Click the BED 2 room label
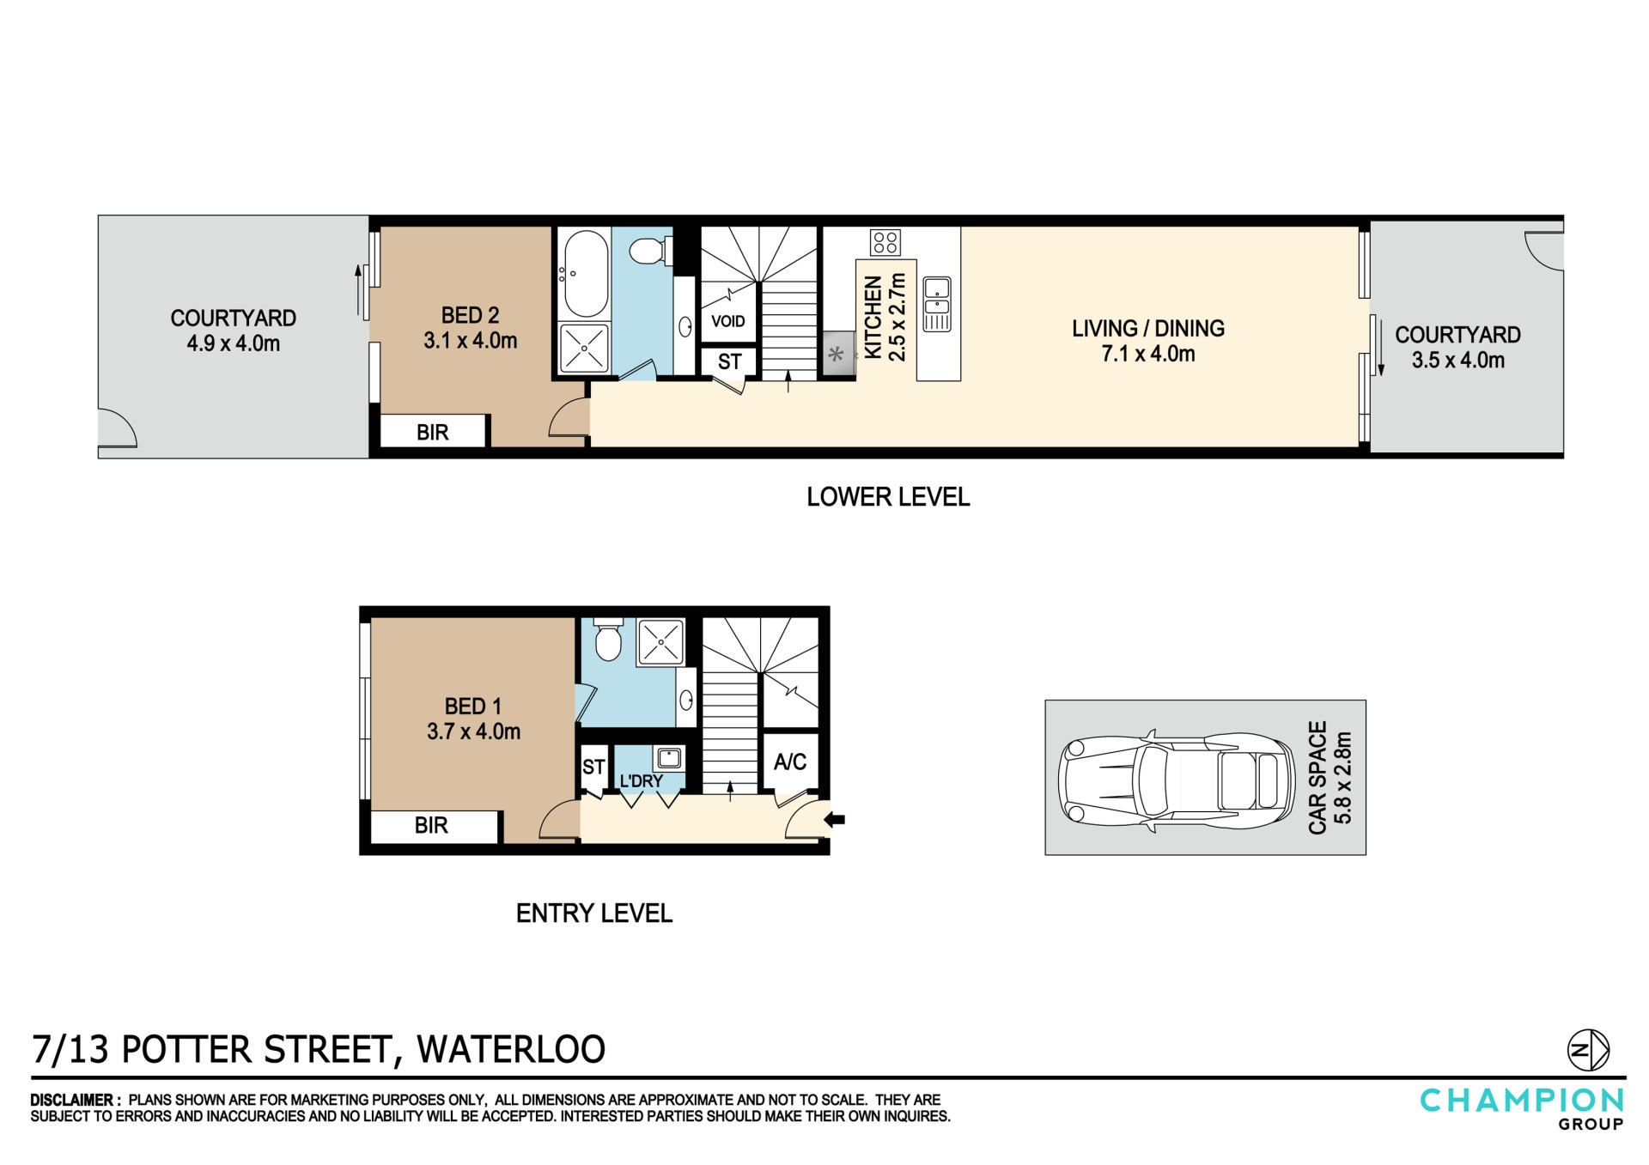click(470, 315)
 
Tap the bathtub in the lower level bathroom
click(584, 274)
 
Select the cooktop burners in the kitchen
click(885, 242)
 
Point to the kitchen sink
click(936, 304)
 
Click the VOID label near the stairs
click(728, 321)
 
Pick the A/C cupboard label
click(790, 761)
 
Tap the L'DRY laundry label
click(642, 781)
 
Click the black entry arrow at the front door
click(835, 820)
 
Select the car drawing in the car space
click(1176, 782)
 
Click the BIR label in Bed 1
click(431, 825)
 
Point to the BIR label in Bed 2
click(433, 432)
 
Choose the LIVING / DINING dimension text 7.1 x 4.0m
click(1148, 354)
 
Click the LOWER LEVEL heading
click(888, 497)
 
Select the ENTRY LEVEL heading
click(594, 913)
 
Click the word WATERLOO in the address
click(511, 1050)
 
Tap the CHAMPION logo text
click(1522, 1101)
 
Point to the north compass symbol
click(1589, 1050)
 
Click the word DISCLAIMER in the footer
click(72, 1100)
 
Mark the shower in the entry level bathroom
click(660, 642)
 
